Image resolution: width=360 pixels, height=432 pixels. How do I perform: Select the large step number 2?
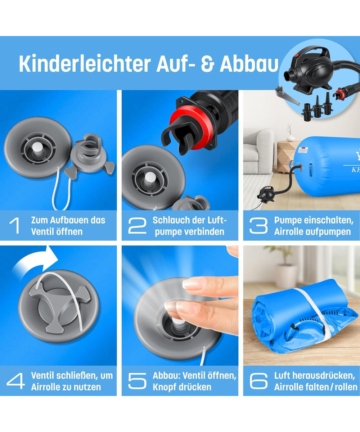pos(137,226)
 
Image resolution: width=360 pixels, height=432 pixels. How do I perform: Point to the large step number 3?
pos(258,226)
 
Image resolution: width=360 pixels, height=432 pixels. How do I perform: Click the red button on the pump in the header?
pos(297,55)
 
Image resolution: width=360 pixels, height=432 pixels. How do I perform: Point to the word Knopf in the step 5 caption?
pos(165,387)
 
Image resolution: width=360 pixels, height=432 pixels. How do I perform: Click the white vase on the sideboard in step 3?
pos(290,138)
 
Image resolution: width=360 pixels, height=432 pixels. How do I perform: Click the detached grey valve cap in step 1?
pos(89,157)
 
